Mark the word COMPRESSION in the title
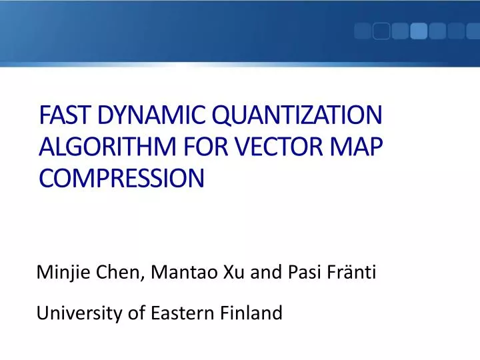click(x=121, y=178)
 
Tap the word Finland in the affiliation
click(x=251, y=311)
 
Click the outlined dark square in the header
click(x=381, y=31)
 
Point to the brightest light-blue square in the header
click(x=419, y=31)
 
